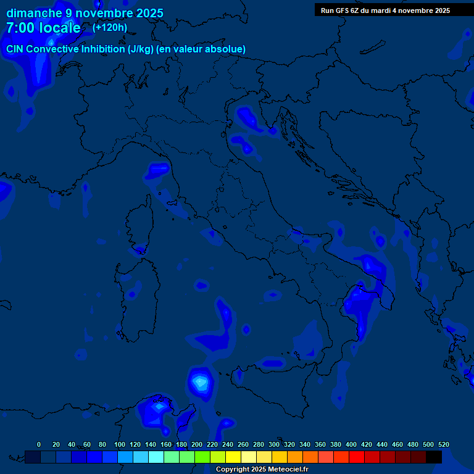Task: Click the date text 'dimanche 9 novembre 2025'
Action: (x=85, y=13)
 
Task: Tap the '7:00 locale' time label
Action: (x=43, y=28)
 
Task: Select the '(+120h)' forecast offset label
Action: (x=110, y=28)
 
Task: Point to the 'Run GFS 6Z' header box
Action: (x=385, y=10)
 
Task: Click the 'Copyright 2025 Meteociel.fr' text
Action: (x=262, y=470)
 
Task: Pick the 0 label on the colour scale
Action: (x=39, y=444)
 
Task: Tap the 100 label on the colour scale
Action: (x=119, y=444)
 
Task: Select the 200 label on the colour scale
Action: (x=197, y=444)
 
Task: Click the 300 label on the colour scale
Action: (x=274, y=444)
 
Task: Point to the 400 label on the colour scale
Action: (x=351, y=444)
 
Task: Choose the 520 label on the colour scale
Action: (x=443, y=444)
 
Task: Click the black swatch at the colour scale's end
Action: (x=434, y=457)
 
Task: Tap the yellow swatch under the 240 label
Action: (x=233, y=457)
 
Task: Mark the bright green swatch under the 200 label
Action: (x=202, y=457)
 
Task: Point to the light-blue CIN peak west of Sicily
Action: (x=200, y=383)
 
